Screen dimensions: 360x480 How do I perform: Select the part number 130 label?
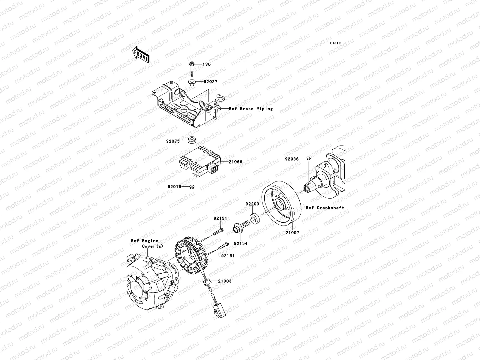coord(206,64)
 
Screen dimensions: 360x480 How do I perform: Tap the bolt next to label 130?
coord(191,68)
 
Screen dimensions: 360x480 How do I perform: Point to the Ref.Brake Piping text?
coord(251,109)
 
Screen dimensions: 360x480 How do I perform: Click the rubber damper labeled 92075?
coord(191,140)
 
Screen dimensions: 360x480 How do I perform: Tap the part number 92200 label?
coord(252,204)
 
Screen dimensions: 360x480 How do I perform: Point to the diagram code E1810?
coord(335,43)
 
